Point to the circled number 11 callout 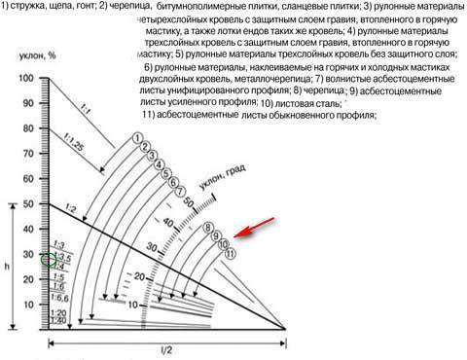(230, 254)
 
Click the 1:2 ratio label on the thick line (69, 209)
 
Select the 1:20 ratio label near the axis (59, 311)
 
